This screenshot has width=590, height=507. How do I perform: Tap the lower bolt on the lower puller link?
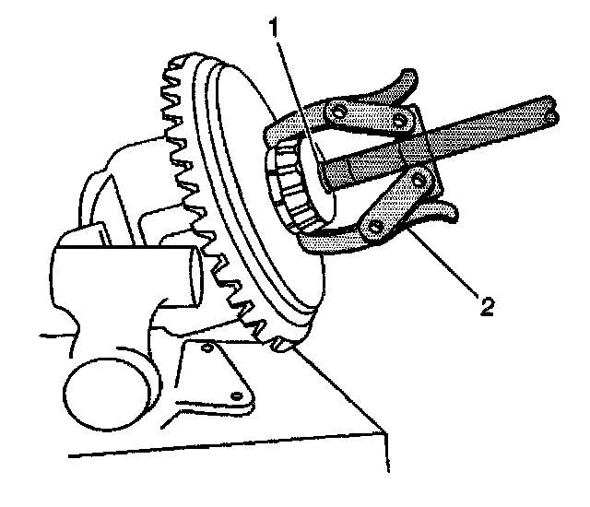[x=374, y=224]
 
